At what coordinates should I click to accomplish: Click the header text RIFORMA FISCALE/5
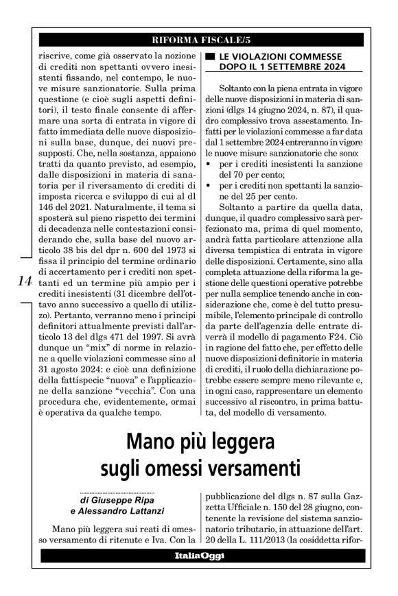coord(200,38)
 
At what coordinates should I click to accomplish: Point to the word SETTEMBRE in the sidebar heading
coord(294,67)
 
